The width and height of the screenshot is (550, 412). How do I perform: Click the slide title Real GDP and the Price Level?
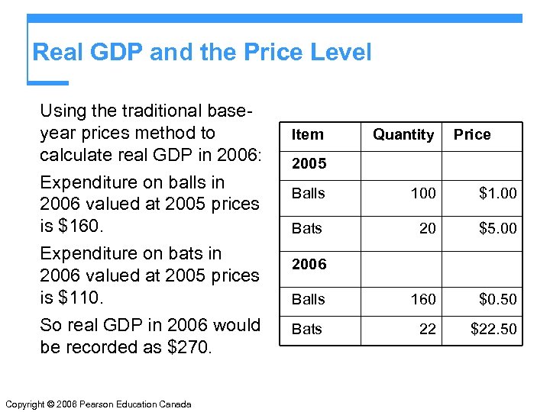(202, 53)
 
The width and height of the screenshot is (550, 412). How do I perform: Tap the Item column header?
(308, 135)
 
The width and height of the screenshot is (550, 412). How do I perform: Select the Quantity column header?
(403, 135)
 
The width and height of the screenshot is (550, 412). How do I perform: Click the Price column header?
(472, 135)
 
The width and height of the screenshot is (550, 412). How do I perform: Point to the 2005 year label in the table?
(309, 164)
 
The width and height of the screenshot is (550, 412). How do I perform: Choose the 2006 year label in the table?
(309, 265)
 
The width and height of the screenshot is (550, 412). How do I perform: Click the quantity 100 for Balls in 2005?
(423, 194)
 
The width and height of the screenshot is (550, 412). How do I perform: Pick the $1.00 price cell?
(497, 194)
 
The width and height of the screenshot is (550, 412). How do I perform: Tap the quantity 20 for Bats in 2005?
(428, 228)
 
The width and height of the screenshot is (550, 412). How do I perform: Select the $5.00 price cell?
(497, 228)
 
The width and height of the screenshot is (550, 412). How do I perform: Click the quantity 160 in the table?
(423, 300)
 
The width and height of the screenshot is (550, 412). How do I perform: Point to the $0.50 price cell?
(497, 300)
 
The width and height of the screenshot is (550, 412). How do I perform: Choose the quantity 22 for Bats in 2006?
(428, 330)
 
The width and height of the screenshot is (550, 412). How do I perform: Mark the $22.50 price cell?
(493, 330)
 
